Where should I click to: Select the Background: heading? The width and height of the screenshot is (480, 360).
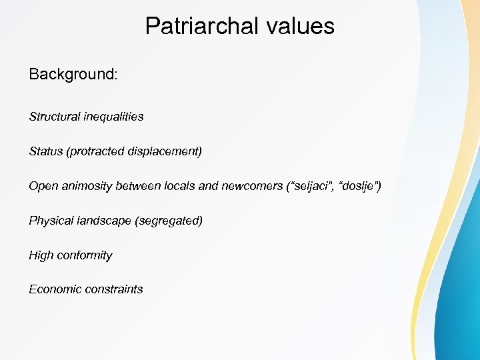[73, 74]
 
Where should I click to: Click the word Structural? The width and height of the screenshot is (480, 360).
[55, 117]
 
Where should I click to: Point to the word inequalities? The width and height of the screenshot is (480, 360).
[113, 117]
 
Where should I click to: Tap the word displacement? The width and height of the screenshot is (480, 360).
[164, 151]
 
